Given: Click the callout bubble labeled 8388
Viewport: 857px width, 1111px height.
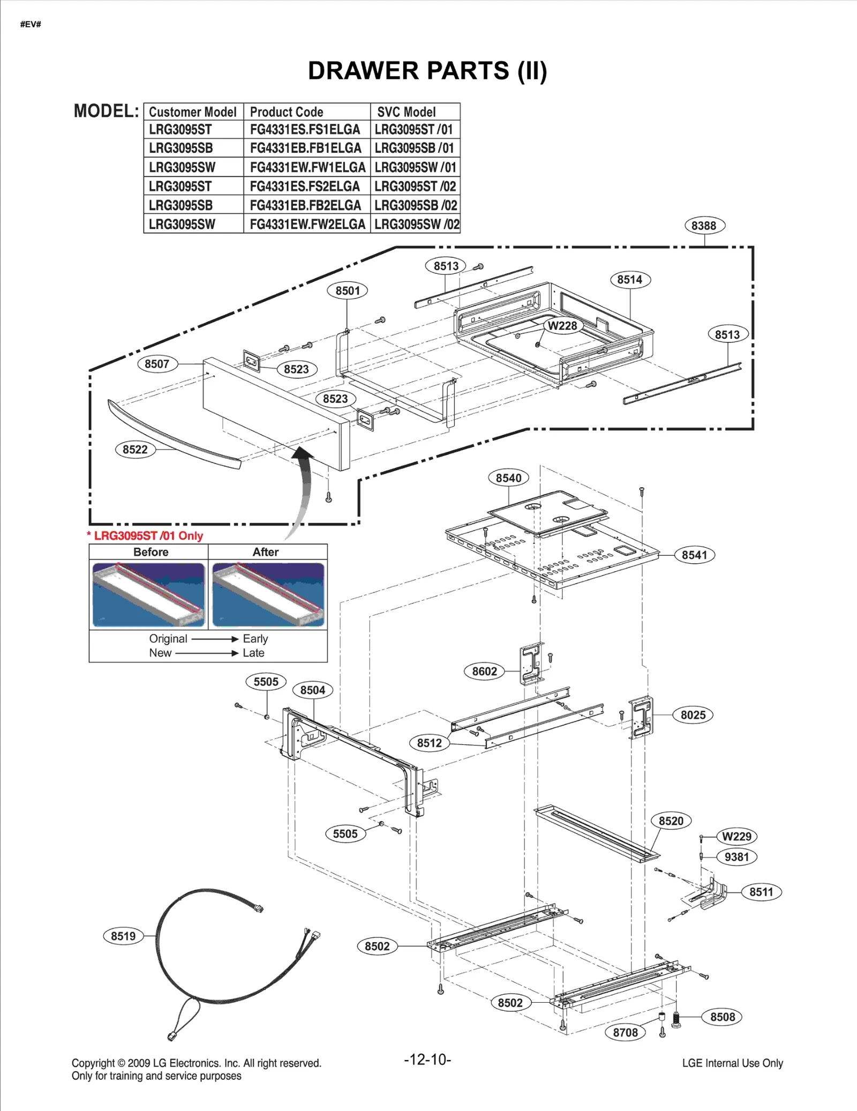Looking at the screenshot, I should click(704, 226).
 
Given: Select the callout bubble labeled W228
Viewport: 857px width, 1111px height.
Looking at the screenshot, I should click(562, 326).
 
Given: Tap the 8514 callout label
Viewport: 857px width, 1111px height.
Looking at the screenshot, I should click(630, 280).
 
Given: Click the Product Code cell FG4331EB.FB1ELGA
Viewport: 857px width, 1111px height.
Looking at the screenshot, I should click(306, 148).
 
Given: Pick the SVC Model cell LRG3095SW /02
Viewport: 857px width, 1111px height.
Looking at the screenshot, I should click(416, 224).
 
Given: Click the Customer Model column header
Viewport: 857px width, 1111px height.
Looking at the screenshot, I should click(193, 112).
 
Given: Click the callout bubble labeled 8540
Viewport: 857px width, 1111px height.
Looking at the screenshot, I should click(508, 478).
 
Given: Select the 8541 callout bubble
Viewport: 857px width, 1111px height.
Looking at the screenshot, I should click(694, 555).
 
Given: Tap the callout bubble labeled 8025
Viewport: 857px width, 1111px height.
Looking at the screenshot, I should click(693, 715).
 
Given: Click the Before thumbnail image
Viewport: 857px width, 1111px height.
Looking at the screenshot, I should click(148, 594).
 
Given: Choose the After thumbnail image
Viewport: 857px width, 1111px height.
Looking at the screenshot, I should click(268, 594).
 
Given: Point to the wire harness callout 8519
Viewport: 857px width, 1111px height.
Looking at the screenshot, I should click(123, 936).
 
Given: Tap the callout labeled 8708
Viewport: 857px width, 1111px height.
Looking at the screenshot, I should click(625, 1032).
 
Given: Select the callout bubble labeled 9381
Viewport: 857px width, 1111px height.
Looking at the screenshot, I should click(736, 857).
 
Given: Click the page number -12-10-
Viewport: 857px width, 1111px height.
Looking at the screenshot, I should click(427, 1060).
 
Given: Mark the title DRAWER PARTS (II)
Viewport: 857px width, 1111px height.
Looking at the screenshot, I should click(427, 71).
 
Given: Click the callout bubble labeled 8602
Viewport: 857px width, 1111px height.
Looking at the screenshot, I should click(484, 672).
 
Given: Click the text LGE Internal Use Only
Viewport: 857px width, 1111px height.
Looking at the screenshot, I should click(732, 1063).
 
